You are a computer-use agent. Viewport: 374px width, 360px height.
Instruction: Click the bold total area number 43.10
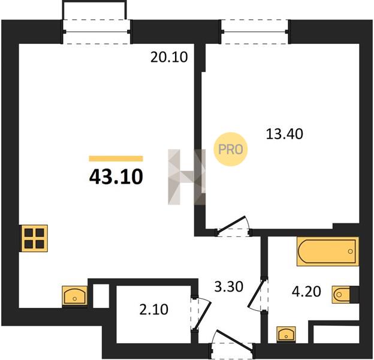(x=116, y=177)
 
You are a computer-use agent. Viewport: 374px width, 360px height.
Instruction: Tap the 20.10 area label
(x=169, y=57)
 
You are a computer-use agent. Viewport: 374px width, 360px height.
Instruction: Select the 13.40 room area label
(x=284, y=134)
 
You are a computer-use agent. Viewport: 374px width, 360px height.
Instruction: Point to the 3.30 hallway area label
(x=228, y=287)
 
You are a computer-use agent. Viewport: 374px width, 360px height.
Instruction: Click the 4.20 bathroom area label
(x=306, y=292)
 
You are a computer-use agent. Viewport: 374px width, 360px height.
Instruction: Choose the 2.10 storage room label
(x=153, y=310)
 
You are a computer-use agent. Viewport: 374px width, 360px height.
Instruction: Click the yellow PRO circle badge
(x=230, y=149)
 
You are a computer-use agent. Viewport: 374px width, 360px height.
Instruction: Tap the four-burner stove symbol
(x=35, y=238)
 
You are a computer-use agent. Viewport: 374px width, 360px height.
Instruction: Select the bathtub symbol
(x=328, y=251)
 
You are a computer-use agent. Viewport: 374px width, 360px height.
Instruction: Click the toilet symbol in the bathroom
(x=341, y=295)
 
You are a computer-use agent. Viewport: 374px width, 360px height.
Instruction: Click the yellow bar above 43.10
(x=116, y=158)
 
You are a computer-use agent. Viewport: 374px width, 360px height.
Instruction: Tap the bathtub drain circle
(x=351, y=251)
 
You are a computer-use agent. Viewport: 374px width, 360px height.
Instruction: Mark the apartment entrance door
(x=232, y=344)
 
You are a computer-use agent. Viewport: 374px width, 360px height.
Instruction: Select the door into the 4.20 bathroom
(x=258, y=295)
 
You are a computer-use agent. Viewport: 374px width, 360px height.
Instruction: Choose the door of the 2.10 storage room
(x=201, y=314)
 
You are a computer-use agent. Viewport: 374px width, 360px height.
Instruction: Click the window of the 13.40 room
(x=255, y=32)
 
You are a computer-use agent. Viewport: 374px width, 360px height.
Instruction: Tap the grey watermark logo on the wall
(x=186, y=177)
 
